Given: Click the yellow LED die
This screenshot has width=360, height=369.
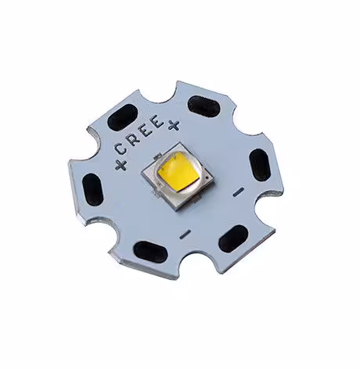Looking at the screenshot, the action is point(178,172).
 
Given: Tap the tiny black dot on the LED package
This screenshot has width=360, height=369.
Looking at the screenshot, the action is point(207,178).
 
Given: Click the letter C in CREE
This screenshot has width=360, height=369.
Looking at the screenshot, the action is point(121,149).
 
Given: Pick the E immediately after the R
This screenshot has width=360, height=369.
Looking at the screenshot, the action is point(147,131).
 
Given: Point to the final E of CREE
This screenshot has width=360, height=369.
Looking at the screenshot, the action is point(157,121).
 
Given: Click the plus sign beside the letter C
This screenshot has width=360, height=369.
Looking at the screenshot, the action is point(121,165).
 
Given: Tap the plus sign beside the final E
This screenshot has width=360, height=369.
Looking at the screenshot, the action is point(174,125).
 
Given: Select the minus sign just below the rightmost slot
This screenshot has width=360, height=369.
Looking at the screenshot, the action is point(238,192).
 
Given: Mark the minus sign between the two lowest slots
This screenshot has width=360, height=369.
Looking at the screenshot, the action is point(185,235).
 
